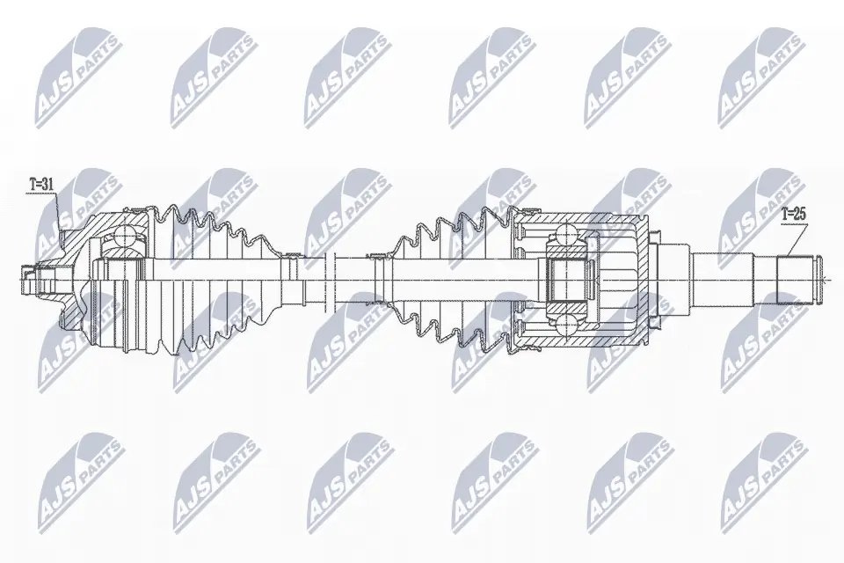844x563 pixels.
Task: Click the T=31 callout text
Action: pos(42,185)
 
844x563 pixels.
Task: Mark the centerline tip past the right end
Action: pos(828,281)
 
